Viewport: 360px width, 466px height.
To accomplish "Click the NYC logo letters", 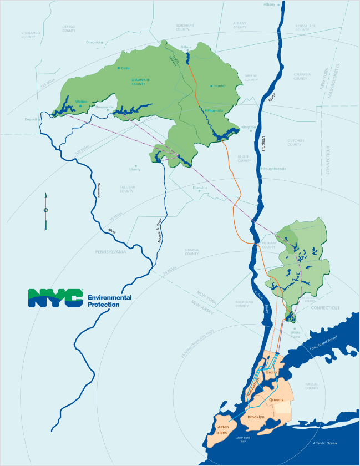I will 55,298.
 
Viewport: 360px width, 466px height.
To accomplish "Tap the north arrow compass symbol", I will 46,211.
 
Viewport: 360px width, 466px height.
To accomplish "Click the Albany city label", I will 270,4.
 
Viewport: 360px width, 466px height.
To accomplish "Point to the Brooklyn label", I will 256,417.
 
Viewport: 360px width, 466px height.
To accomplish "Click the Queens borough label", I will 276,399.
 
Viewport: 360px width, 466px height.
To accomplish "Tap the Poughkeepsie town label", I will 275,169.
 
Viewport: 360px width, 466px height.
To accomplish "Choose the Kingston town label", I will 249,127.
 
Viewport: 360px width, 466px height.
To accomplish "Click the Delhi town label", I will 125,68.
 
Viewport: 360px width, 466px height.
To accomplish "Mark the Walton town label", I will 81,101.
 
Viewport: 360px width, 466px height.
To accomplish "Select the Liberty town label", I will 135,169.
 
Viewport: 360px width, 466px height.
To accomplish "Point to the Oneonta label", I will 93,42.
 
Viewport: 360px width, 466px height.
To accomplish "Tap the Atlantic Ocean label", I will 324,443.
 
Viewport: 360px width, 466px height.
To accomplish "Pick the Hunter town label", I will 219,86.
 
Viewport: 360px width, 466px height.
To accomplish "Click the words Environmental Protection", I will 109,301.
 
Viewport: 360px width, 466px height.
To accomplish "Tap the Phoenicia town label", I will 215,110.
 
